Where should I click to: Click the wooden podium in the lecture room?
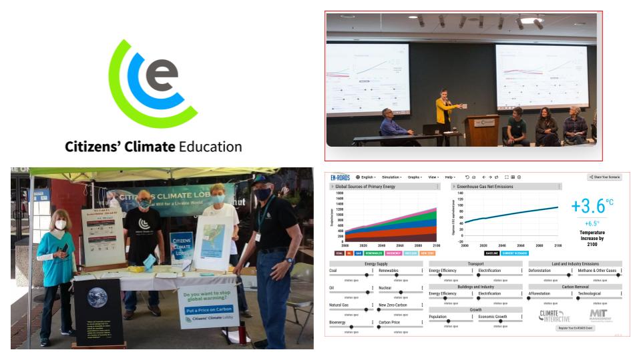(481, 129)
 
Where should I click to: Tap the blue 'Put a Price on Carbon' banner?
(209, 309)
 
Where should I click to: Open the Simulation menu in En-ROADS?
(392, 177)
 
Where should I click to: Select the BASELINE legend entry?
(493, 253)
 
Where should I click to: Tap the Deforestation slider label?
(540, 271)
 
